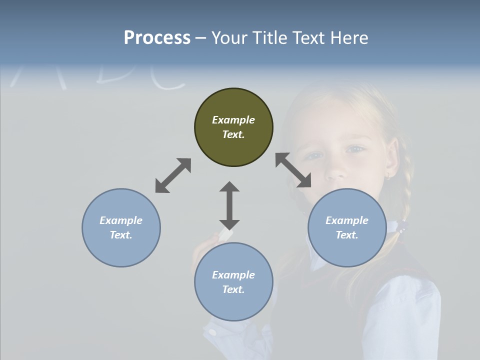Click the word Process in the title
click(x=157, y=38)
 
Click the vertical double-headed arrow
click(x=229, y=205)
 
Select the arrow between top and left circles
click(x=173, y=175)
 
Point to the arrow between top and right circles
click(x=293, y=170)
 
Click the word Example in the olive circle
click(x=233, y=120)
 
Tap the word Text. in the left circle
click(x=121, y=235)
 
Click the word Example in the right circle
click(x=347, y=220)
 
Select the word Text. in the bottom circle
click(x=233, y=289)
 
